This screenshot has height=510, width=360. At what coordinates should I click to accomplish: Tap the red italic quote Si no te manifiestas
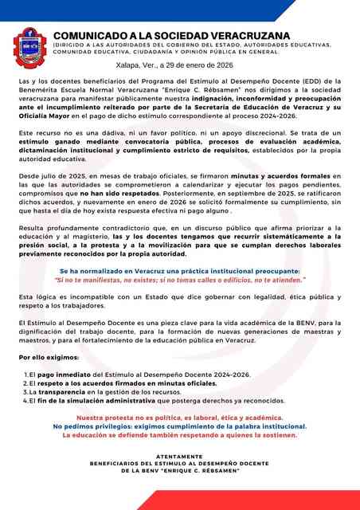(x=180, y=280)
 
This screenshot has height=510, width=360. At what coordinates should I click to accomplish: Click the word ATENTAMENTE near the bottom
(x=180, y=456)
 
